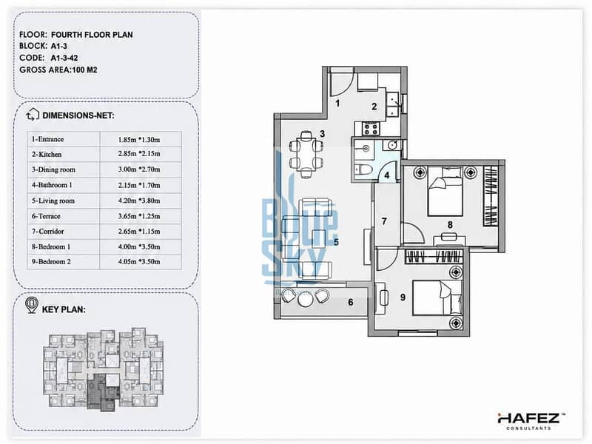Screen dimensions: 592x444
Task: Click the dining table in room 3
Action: tap(306, 154)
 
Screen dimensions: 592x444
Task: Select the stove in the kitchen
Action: tap(370, 129)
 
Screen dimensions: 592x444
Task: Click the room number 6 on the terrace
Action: tap(351, 302)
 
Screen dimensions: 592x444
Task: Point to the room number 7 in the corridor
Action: tap(384, 221)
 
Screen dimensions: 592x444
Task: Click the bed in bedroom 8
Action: tap(445, 192)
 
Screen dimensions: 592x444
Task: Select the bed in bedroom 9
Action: tap(437, 297)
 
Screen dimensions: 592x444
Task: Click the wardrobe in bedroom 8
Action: tap(491, 196)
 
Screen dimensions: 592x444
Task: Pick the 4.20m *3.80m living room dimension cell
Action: tap(139, 201)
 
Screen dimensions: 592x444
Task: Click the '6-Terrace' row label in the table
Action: tap(46, 216)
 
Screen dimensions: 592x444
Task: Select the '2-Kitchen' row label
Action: tap(47, 155)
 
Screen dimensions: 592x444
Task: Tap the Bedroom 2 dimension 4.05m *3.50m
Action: tap(139, 262)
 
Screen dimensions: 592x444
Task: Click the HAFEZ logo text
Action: tap(529, 418)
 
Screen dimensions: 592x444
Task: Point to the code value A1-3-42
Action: tap(64, 58)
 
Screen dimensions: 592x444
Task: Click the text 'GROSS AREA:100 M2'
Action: tap(58, 70)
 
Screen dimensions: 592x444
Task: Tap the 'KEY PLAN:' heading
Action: tap(64, 309)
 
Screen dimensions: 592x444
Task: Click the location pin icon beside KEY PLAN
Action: tap(32, 305)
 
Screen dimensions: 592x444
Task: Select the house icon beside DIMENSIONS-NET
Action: tap(33, 115)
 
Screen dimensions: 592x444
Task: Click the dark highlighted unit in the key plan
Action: tap(101, 393)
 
